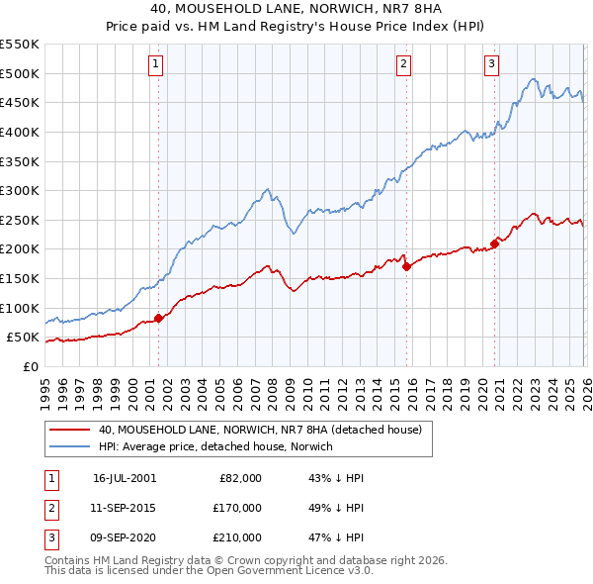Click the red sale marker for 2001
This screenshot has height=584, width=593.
158,319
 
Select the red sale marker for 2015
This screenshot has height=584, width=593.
406,266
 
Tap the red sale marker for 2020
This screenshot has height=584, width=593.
494,243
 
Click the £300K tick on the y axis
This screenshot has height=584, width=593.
20,190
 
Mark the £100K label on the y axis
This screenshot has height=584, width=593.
20,308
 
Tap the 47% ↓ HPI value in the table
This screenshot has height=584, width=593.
336,537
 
